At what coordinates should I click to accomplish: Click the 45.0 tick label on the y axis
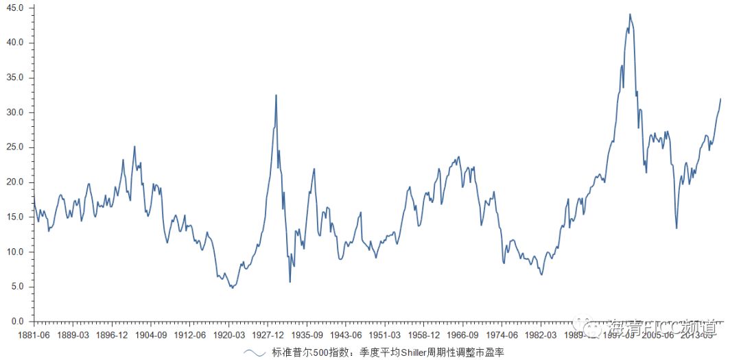pyautogui.click(x=15, y=8)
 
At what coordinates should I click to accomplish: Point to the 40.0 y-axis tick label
pyautogui.click(x=15, y=43)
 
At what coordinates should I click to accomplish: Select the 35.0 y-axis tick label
pyautogui.click(x=15, y=77)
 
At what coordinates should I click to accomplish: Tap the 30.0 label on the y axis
pyautogui.click(x=15, y=112)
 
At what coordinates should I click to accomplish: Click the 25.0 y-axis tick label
pyautogui.click(x=15, y=147)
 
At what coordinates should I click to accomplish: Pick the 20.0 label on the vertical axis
pyautogui.click(x=15, y=182)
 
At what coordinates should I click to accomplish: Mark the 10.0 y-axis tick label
pyautogui.click(x=15, y=252)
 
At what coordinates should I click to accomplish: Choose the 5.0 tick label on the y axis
pyautogui.click(x=17, y=287)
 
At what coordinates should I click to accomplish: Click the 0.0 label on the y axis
pyautogui.click(x=17, y=322)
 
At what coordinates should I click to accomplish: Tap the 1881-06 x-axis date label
pyautogui.click(x=34, y=335)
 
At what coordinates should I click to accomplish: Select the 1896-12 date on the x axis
pyautogui.click(x=112, y=335)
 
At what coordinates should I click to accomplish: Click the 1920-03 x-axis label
pyautogui.click(x=229, y=335)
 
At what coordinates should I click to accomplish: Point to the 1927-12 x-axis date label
pyautogui.click(x=268, y=335)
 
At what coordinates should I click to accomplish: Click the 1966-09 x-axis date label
pyautogui.click(x=463, y=335)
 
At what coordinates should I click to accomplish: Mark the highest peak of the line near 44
pyautogui.click(x=630, y=14)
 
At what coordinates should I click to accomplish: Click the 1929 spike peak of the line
pyautogui.click(x=277, y=95)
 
